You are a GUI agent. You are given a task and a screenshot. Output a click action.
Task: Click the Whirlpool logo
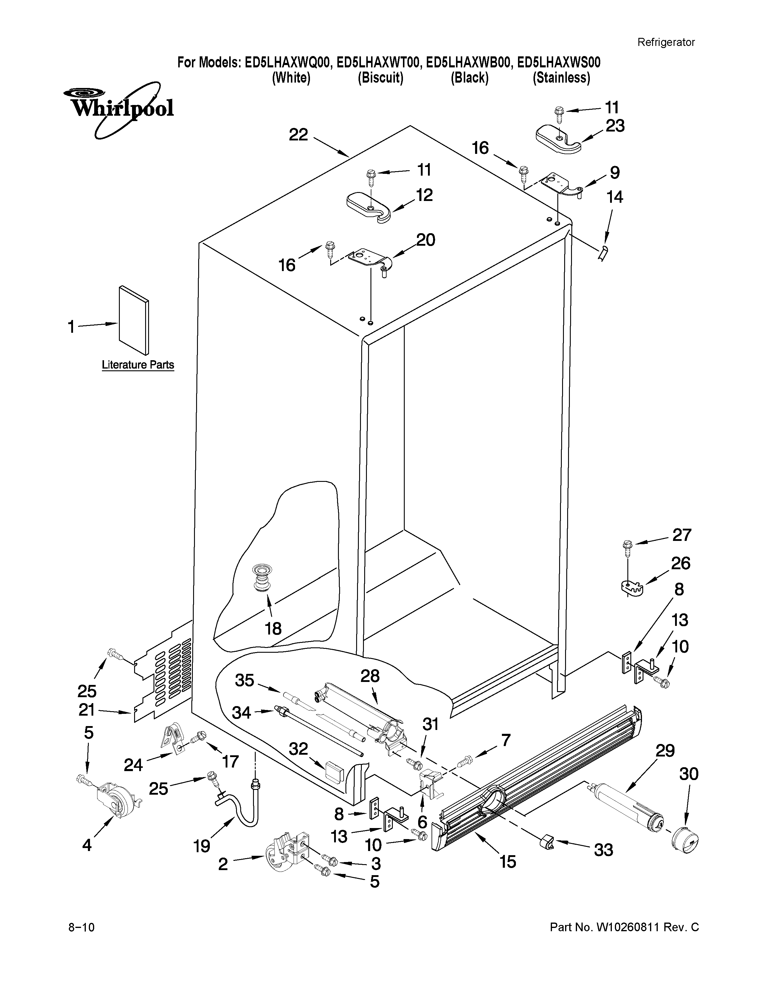pos(118,109)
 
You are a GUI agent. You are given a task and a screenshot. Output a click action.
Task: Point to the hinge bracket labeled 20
pos(368,260)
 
